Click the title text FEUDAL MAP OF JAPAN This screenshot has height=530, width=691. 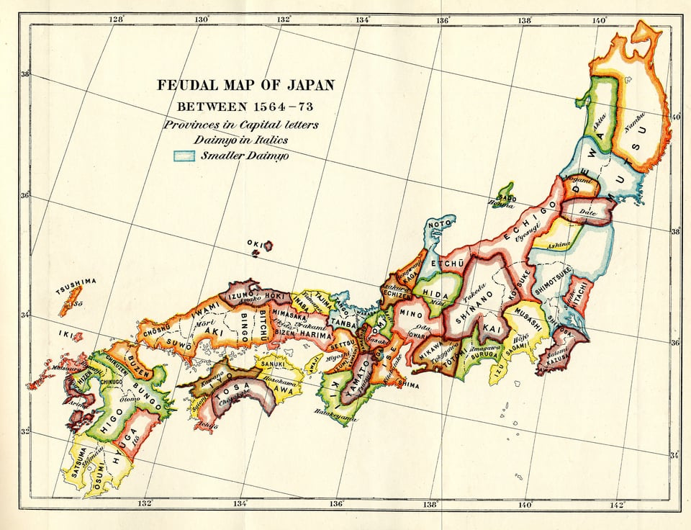point(246,85)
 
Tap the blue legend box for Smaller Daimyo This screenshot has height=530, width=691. point(184,155)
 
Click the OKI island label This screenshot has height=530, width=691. point(253,243)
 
